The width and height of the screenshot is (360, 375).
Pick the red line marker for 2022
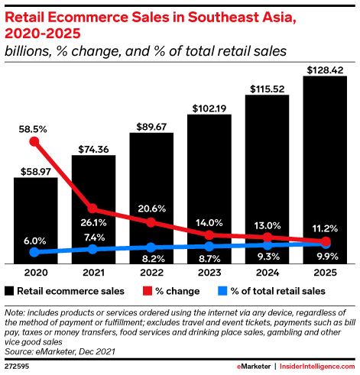(x=151, y=222)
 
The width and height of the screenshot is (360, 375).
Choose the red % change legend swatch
(x=146, y=291)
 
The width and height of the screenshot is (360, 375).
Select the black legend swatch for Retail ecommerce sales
(x=10, y=291)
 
